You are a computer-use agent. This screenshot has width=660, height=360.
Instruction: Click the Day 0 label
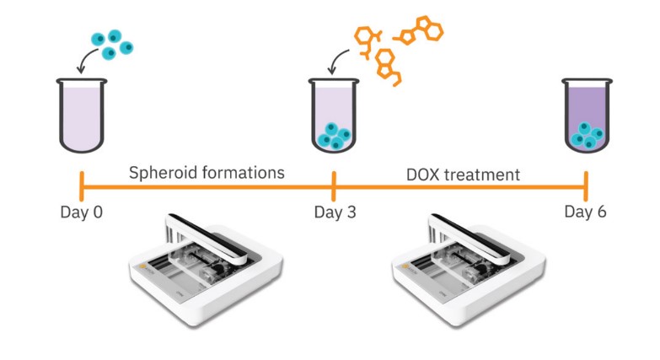pos(81,211)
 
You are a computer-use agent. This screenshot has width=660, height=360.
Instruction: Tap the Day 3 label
pos(335,211)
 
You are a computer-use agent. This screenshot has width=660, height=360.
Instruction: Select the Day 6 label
pos(585,211)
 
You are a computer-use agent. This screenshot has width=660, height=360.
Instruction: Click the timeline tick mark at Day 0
pos(81,183)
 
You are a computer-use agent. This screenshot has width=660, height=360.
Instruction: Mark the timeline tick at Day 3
pos(335,183)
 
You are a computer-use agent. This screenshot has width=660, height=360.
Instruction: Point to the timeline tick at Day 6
pos(586,183)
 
